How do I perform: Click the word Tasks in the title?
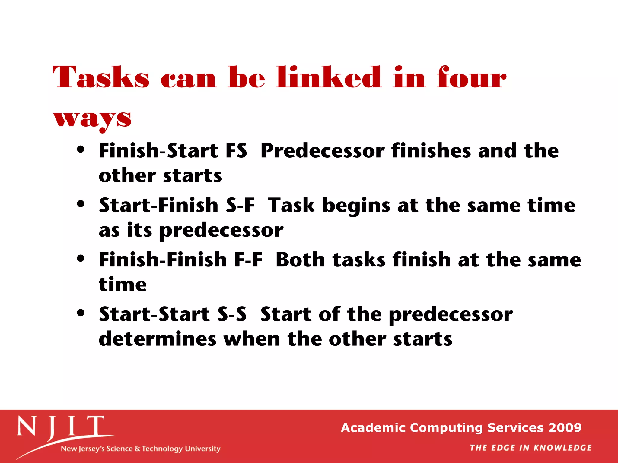click(x=101, y=77)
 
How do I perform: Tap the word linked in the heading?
click(x=329, y=77)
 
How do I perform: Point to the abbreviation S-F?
click(x=240, y=205)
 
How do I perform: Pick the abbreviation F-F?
click(x=248, y=260)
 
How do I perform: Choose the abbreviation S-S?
click(x=232, y=314)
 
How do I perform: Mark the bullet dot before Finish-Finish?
click(x=81, y=258)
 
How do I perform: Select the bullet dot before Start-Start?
click(x=81, y=313)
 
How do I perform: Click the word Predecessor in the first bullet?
click(x=322, y=150)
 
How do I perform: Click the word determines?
click(x=158, y=339)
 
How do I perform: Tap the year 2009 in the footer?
click(x=565, y=428)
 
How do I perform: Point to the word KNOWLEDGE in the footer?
click(x=562, y=448)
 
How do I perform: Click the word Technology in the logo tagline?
click(x=162, y=449)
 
